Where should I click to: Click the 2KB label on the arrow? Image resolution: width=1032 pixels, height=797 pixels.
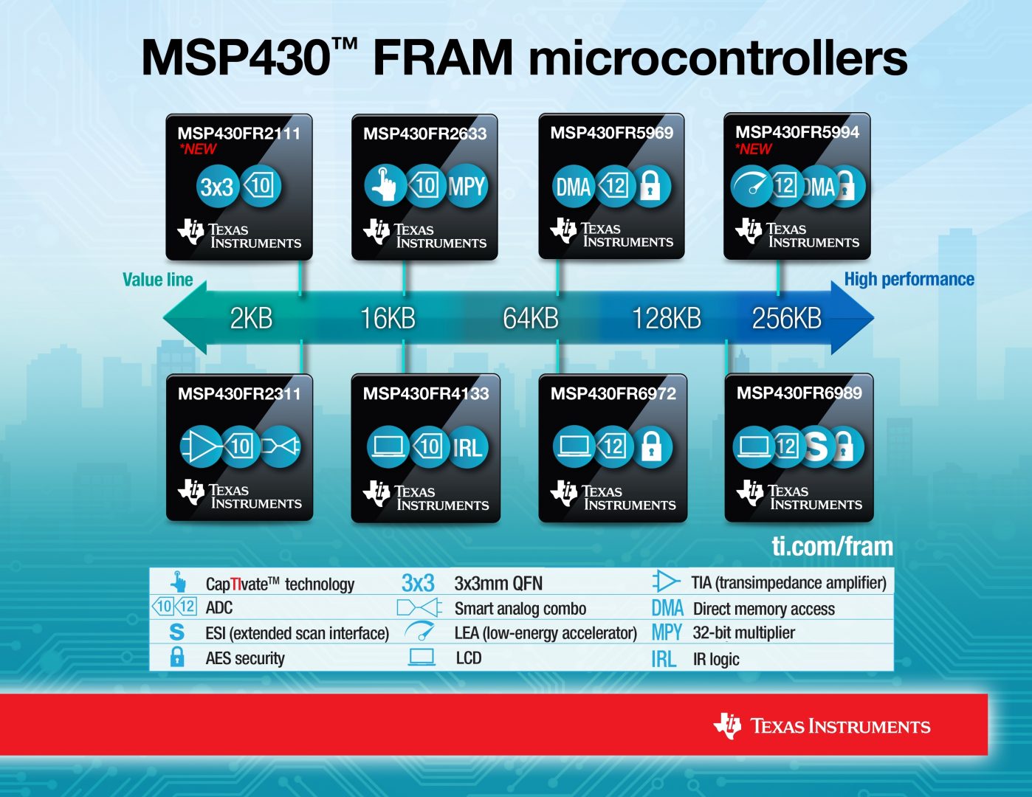point(251,318)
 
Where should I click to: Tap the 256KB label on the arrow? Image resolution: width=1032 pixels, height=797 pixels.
point(786,318)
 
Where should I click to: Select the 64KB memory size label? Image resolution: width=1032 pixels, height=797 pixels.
point(530,318)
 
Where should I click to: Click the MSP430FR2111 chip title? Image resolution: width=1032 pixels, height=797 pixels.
point(238,134)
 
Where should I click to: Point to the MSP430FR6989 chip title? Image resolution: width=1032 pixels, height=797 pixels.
point(799,393)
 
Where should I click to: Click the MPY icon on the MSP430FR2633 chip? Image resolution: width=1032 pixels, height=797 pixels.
point(467,186)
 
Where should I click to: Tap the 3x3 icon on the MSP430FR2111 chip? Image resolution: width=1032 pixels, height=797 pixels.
point(217,187)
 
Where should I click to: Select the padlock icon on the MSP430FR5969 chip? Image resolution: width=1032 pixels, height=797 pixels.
point(650,185)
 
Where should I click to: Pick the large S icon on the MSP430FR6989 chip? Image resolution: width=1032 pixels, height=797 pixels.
point(816,446)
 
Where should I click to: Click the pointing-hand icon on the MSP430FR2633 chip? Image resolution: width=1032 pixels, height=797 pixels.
point(384,186)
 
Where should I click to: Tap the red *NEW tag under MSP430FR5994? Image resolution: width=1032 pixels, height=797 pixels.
point(753,149)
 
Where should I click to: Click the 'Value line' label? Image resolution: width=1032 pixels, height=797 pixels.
point(157,280)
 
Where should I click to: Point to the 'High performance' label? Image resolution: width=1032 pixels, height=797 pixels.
point(909,279)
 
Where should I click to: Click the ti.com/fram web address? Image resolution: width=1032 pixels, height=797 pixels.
point(832,546)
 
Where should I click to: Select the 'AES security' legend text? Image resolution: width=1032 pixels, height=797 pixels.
point(244,658)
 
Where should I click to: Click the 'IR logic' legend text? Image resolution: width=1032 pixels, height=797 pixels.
point(715,659)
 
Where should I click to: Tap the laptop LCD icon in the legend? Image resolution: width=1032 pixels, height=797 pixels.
point(422,657)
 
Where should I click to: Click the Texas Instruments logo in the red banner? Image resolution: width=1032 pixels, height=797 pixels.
point(822,726)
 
